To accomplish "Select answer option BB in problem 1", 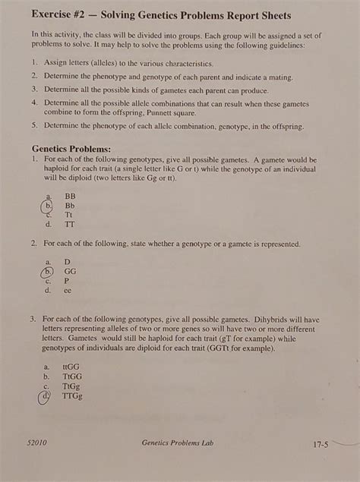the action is [70, 195].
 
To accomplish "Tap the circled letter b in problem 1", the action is [49, 205].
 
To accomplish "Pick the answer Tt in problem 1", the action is [69, 215].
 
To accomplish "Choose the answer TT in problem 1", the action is [69, 225].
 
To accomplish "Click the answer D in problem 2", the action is [67, 260].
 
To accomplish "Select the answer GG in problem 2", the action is [70, 270].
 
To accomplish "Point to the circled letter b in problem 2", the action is [49, 270].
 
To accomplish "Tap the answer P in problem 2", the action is [67, 280].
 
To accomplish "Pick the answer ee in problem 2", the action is [68, 290].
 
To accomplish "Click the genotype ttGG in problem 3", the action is [71, 365].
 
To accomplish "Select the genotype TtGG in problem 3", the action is [72, 375].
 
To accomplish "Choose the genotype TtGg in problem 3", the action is [71, 385].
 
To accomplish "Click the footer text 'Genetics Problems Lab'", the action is [177, 442].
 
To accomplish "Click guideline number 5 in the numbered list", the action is [35, 125].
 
